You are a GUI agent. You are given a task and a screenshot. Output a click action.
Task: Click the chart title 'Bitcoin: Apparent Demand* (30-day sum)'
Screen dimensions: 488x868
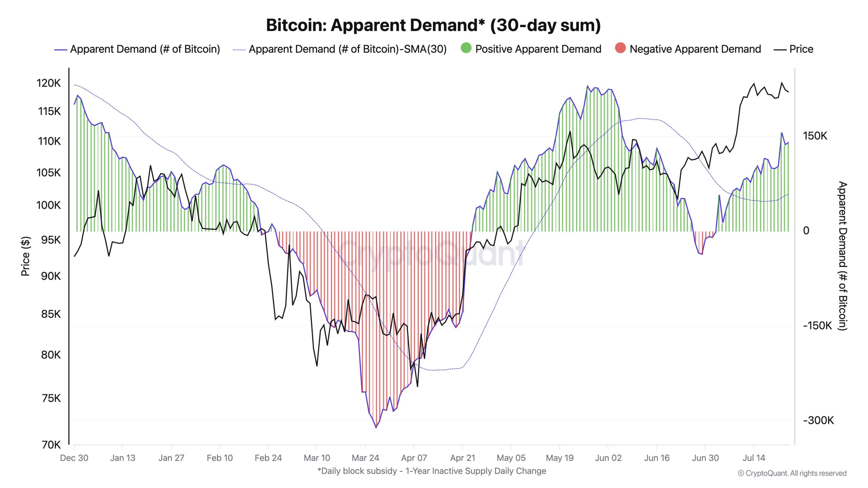point(433,25)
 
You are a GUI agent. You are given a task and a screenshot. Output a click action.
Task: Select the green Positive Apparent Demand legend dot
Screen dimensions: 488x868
point(466,48)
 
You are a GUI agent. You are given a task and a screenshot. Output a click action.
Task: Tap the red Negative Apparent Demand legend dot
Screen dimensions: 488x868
point(620,48)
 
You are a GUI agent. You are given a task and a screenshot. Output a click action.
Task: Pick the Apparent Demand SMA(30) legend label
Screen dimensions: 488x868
point(347,49)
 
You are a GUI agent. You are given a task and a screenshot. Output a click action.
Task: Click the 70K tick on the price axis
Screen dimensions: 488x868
point(51,445)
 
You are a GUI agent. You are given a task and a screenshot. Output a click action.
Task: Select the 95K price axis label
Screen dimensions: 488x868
point(51,240)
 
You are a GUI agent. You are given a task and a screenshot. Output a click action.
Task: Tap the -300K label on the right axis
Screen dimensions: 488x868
point(818,420)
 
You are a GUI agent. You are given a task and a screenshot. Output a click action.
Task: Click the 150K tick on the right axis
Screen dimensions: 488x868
point(815,136)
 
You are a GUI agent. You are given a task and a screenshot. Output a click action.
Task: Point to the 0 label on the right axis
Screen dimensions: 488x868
point(806,231)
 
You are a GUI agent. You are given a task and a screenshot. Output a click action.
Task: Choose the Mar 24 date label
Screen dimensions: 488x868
point(365,458)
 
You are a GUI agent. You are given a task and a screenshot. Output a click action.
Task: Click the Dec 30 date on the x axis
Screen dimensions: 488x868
point(74,458)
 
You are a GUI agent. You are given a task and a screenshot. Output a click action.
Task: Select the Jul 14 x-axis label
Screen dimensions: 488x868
point(754,458)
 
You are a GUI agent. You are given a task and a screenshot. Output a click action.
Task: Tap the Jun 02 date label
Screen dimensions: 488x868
point(608,458)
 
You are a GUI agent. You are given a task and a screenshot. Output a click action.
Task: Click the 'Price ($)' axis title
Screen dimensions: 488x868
point(25,256)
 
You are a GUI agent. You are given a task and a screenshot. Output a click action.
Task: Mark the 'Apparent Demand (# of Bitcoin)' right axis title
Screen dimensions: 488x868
point(842,256)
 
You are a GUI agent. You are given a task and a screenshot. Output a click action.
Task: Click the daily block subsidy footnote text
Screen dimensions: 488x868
point(432,471)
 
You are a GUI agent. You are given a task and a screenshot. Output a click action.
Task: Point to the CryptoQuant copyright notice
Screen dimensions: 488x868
point(792,473)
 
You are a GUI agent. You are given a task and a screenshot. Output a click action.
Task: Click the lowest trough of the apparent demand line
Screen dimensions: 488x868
point(376,428)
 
